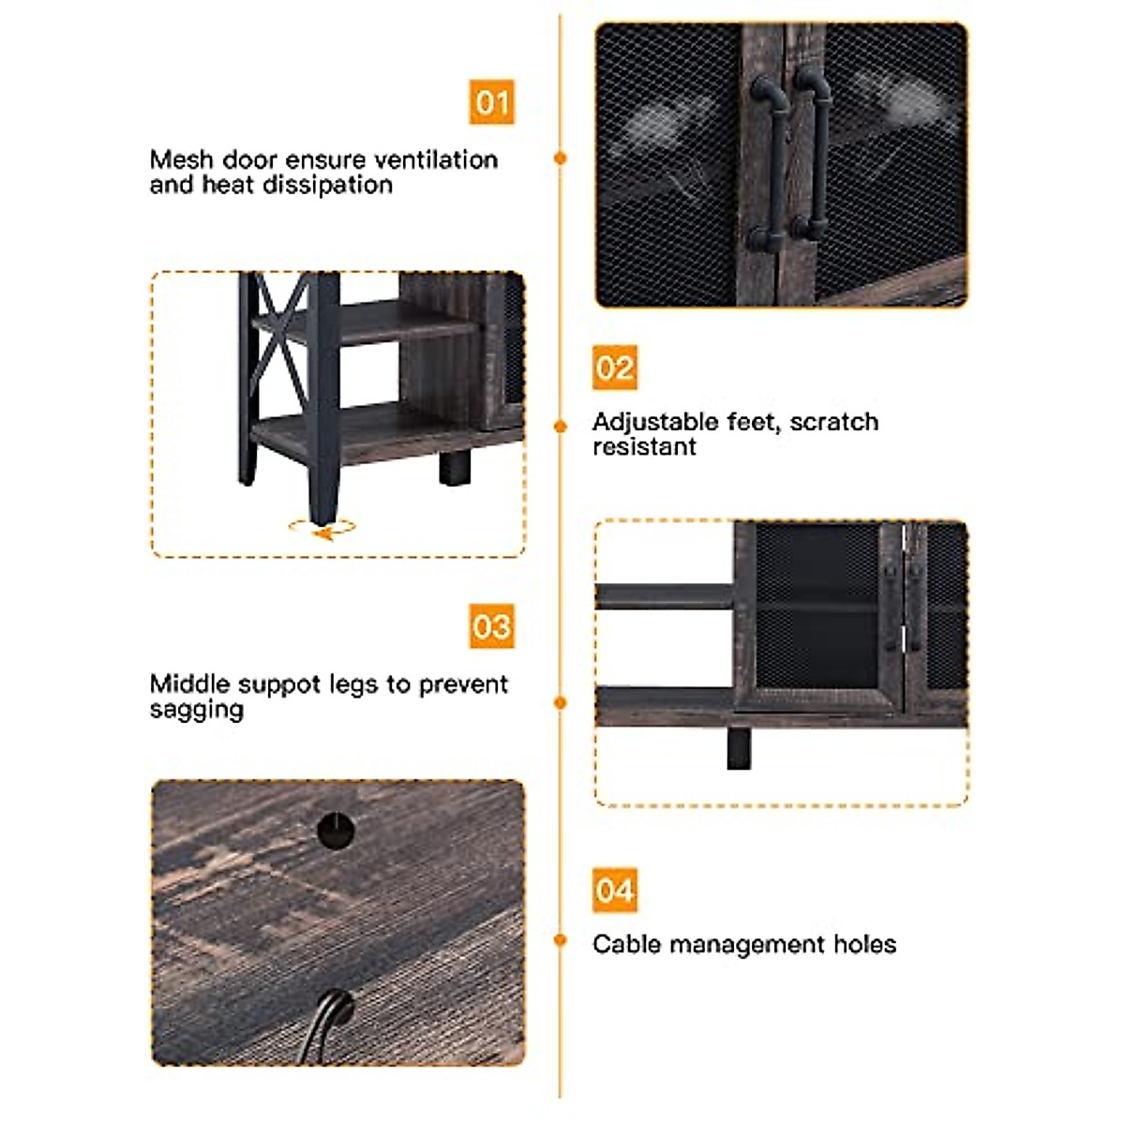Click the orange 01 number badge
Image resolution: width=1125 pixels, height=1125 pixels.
pos(491,102)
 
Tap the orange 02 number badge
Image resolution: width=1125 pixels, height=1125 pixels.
pos(615,367)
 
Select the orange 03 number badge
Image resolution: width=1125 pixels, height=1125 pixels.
pos(491,626)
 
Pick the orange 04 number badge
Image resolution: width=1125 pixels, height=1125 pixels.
pos(615,891)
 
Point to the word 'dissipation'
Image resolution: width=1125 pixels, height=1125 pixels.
pos(327,185)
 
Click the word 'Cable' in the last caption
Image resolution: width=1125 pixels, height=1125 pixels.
pos(627,944)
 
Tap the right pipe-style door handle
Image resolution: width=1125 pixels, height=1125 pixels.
pos(812,155)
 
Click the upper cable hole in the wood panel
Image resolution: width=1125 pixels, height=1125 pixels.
pos(336,829)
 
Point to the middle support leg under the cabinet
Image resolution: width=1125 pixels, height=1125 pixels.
pos(739,748)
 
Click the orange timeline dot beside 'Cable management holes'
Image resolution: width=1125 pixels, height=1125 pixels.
pos(560,940)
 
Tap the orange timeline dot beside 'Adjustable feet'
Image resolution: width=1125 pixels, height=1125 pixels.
pos(560,427)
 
